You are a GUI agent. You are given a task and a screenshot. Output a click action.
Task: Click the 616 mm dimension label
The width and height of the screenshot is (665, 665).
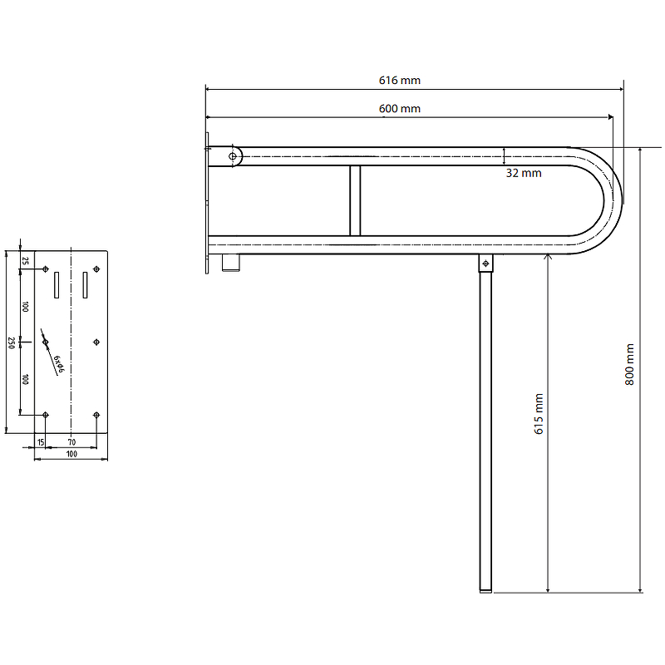(400, 80)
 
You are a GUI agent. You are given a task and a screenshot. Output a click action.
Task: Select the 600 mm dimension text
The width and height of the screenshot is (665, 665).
(400, 109)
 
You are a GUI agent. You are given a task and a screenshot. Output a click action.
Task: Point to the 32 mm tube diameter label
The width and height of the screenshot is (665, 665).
(524, 173)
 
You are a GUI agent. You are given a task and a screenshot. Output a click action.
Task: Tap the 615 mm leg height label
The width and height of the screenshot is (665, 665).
(539, 414)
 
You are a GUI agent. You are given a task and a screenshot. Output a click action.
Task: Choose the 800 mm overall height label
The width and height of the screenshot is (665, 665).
(629, 364)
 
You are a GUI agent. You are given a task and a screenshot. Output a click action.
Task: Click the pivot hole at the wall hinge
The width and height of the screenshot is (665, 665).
(233, 156)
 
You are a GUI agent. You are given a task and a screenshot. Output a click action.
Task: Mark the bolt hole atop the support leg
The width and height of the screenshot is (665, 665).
(485, 264)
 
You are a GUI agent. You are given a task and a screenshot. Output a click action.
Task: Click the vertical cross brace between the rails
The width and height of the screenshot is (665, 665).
(355, 200)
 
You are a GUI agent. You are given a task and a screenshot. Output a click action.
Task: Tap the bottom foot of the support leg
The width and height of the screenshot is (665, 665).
(485, 591)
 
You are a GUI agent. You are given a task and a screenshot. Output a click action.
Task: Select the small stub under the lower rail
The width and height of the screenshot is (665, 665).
(231, 263)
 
